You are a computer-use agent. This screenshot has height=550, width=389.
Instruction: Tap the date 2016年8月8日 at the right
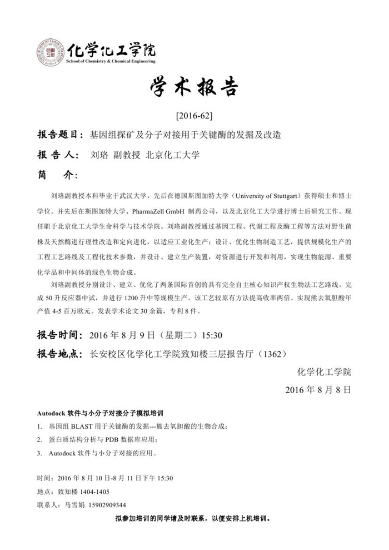pyautogui.click(x=318, y=390)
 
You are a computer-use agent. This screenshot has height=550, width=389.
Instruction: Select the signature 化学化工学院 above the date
pyautogui.click(x=325, y=371)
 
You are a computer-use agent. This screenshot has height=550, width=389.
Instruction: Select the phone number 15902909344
pyautogui.click(x=103, y=505)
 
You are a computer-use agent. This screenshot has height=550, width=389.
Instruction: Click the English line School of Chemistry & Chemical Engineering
pyautogui.click(x=110, y=61)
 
